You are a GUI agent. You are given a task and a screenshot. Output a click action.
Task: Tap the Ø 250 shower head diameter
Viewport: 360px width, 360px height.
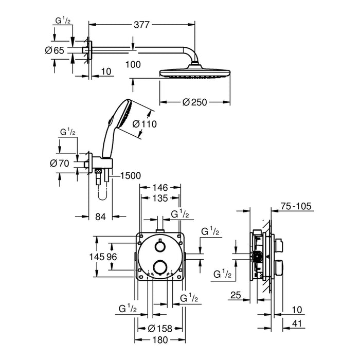point(195,102)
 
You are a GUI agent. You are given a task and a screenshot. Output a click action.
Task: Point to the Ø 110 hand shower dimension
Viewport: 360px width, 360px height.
point(144,124)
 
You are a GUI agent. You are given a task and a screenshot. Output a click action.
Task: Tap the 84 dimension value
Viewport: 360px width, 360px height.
point(100,217)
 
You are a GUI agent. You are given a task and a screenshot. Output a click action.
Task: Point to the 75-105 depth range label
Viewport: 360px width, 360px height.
point(297,206)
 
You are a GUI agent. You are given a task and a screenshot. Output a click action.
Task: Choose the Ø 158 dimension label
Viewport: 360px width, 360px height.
point(159,328)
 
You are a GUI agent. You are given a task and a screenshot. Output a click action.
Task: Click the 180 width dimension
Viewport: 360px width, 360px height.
point(159,340)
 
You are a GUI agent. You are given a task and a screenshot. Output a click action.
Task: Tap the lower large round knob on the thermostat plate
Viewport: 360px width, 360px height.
point(159,266)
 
